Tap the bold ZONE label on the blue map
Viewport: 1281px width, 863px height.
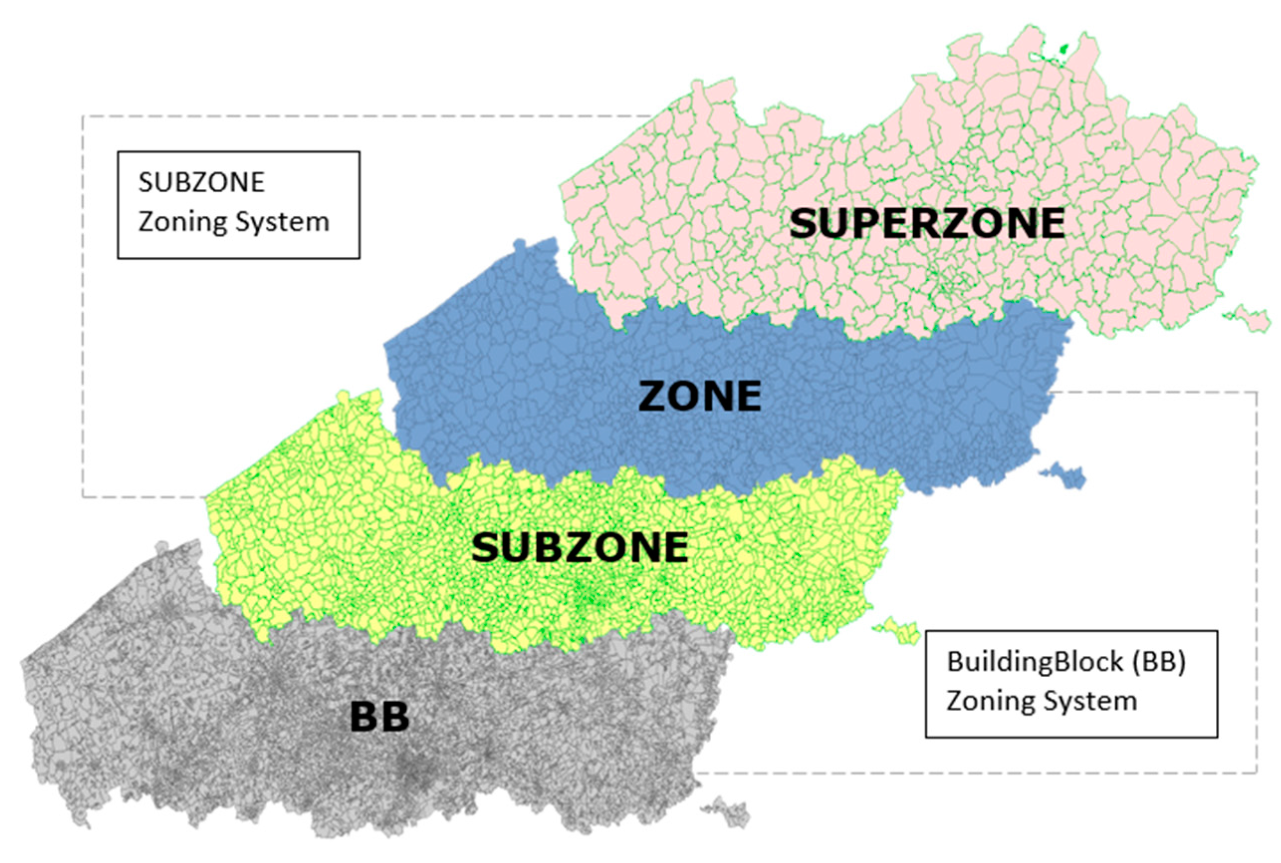[699, 396]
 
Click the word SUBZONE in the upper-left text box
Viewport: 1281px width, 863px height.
[202, 182]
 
